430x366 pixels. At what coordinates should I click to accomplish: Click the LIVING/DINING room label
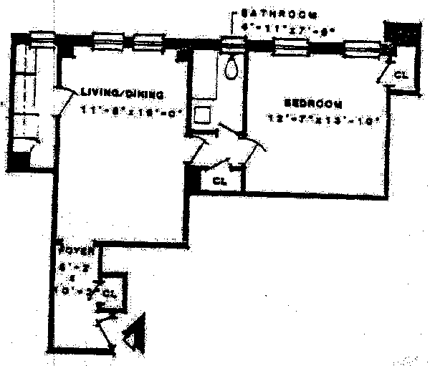[x=124, y=94]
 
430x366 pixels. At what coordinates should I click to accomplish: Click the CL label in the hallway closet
[x=221, y=182]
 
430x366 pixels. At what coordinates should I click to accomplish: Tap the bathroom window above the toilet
[x=231, y=44]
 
